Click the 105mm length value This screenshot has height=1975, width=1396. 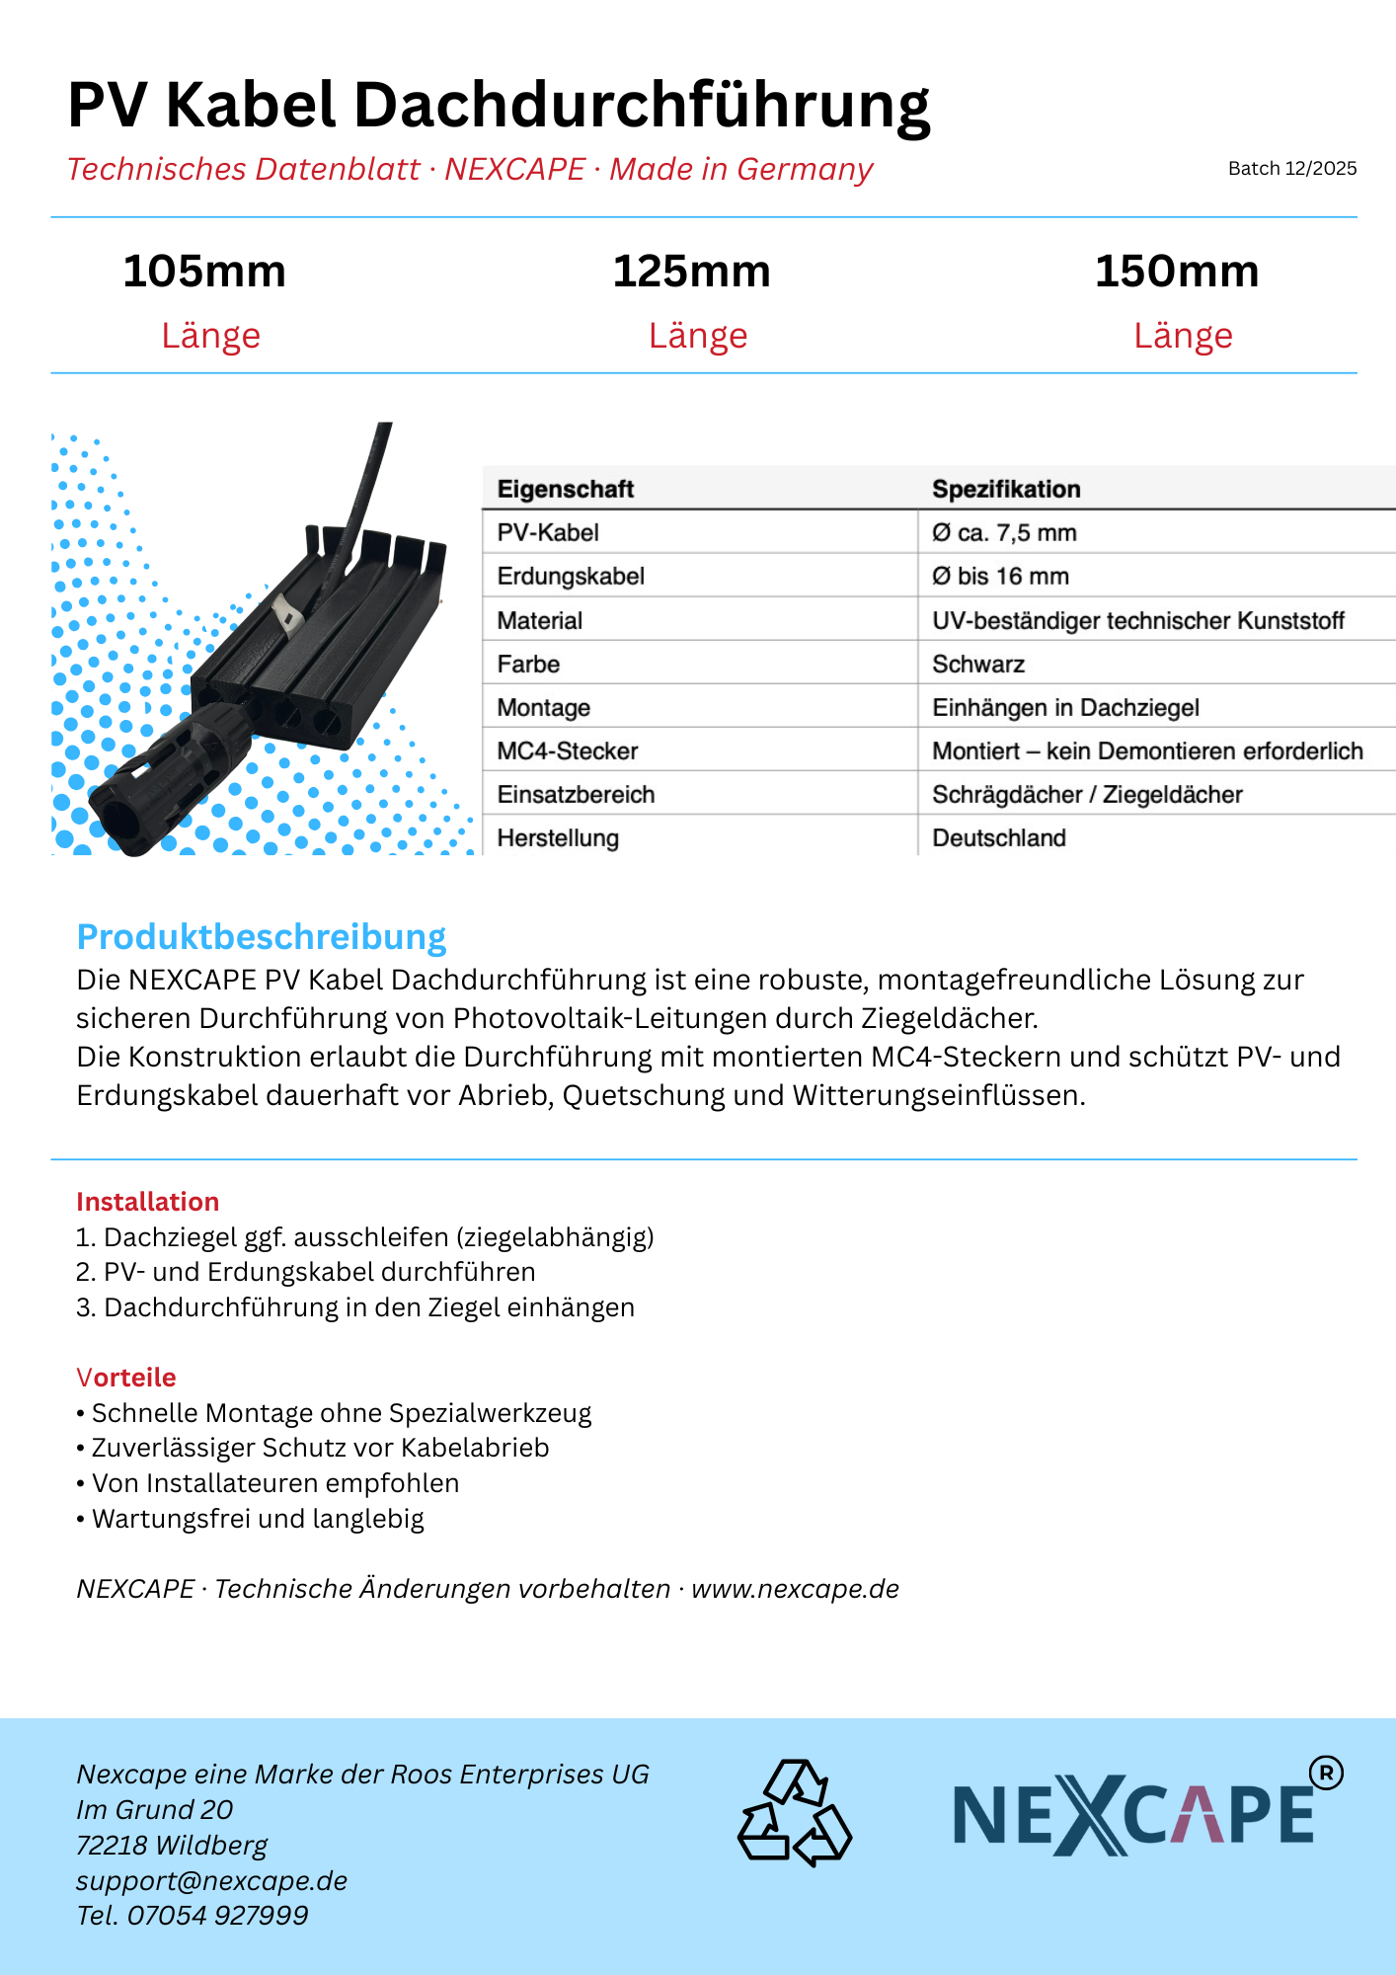pyautogui.click(x=204, y=272)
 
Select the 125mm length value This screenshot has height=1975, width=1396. pyautogui.click(x=691, y=272)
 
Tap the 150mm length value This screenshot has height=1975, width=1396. pyautogui.click(x=1177, y=272)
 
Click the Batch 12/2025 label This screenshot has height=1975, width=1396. pyautogui.click(x=1291, y=169)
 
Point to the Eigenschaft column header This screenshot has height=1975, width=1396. pyautogui.click(x=565, y=489)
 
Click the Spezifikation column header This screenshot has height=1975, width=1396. pyautogui.click(x=1006, y=489)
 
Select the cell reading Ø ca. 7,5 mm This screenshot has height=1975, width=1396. pyautogui.click(x=1004, y=533)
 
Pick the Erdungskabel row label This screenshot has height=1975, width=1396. pyautogui.click(x=571, y=577)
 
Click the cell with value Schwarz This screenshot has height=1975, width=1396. pyautogui.click(x=978, y=665)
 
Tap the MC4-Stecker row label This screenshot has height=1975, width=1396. pyautogui.click(x=568, y=751)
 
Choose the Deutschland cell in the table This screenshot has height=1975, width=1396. pyautogui.click(x=999, y=838)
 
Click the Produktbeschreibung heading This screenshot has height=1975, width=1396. pyautogui.click(x=262, y=937)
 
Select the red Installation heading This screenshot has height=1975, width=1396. pyautogui.click(x=148, y=1202)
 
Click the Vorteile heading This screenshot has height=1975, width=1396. pyautogui.click(x=126, y=1378)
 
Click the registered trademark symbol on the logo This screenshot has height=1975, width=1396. pyautogui.click(x=1326, y=1774)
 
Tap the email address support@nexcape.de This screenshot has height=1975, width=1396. pyautogui.click(x=212, y=1880)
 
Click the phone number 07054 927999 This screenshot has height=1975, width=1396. pyautogui.click(x=217, y=1916)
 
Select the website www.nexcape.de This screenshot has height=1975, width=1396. pyautogui.click(x=795, y=1589)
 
